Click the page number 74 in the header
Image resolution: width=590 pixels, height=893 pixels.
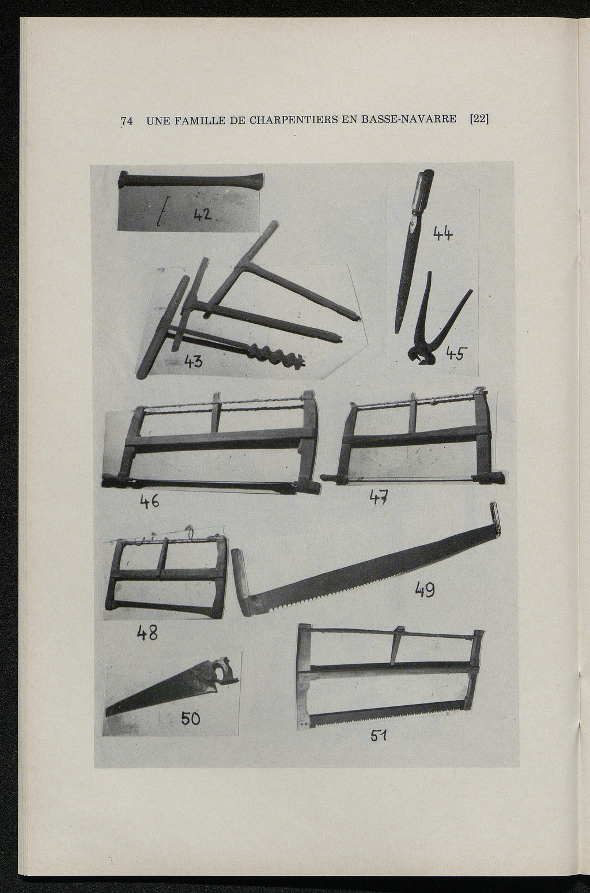(x=127, y=121)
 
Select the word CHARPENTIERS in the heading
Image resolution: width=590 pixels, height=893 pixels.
(x=293, y=120)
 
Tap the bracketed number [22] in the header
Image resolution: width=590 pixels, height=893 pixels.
(x=479, y=119)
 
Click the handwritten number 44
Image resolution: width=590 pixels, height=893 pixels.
(x=442, y=233)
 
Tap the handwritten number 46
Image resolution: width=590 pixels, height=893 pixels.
(x=149, y=501)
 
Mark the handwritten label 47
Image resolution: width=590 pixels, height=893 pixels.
(x=379, y=497)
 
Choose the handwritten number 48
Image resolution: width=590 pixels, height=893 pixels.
(x=147, y=633)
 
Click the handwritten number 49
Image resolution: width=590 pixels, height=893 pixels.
(x=425, y=589)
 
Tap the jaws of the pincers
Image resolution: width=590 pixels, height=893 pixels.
(x=422, y=354)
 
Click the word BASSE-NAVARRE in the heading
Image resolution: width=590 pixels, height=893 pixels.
(x=409, y=119)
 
